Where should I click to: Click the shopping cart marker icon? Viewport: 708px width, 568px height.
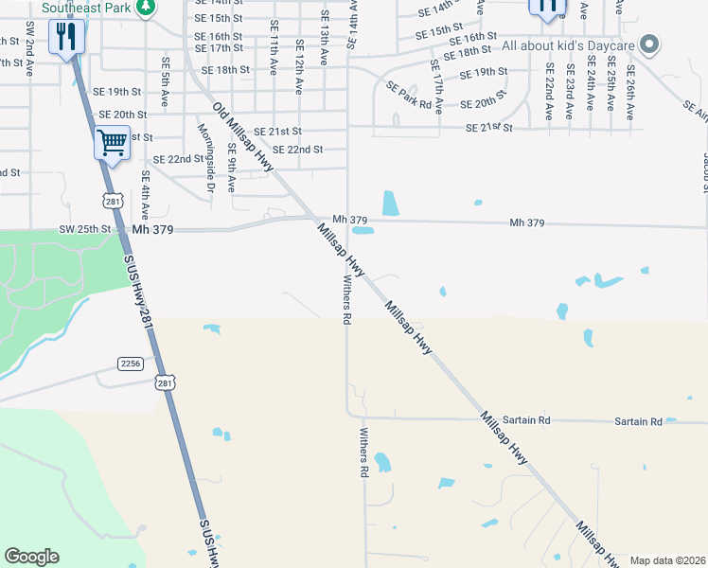click(112, 143)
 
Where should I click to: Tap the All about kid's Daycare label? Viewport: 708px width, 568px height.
click(567, 45)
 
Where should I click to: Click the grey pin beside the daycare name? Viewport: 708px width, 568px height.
click(648, 44)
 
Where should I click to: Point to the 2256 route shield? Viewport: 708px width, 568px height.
click(131, 364)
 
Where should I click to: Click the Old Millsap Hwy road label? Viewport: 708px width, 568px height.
click(242, 137)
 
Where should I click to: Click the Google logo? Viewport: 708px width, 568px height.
click(31, 557)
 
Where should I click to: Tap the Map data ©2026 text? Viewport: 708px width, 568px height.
click(667, 560)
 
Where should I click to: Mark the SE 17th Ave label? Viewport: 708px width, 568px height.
click(436, 87)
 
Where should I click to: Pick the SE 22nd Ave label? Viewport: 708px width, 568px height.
click(549, 91)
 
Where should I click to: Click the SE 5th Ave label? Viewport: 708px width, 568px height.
click(166, 84)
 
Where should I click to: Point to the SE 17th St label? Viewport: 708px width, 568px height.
click(218, 48)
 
